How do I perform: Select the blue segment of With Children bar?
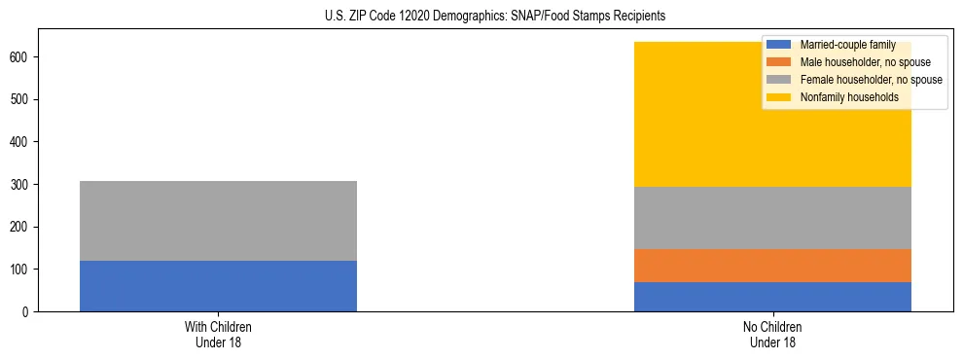click(218, 286)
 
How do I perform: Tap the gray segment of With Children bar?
click(218, 221)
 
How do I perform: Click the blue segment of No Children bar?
click(772, 297)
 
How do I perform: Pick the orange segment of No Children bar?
click(772, 266)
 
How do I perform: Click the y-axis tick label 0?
click(26, 312)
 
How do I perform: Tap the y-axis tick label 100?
click(20, 270)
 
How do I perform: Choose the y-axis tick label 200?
click(20, 227)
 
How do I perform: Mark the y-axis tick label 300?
click(20, 185)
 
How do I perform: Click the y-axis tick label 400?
click(20, 142)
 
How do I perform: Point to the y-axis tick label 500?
click(20, 100)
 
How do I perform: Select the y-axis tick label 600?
click(20, 57)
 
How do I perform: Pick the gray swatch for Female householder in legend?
click(779, 80)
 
